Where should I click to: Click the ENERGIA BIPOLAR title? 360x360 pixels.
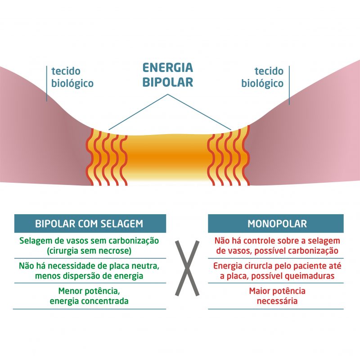point(167,75)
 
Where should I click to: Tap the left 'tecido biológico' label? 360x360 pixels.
point(72,77)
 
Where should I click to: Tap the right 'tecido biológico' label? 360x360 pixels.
point(262,77)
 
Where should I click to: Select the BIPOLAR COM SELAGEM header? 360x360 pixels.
point(89,224)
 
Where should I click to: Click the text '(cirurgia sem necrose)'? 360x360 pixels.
point(90,251)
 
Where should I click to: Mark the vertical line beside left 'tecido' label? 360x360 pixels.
point(47,83)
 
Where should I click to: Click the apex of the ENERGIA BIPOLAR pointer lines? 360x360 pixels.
point(168,94)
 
